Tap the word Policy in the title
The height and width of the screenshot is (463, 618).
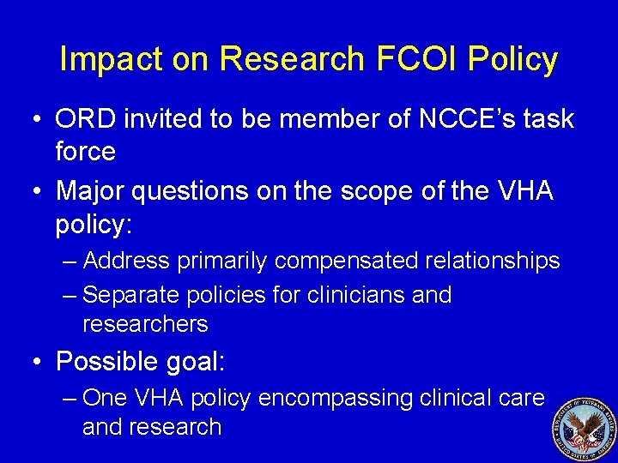[x=517, y=59]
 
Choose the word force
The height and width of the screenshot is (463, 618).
[x=85, y=152]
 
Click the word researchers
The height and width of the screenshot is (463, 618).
[x=145, y=323]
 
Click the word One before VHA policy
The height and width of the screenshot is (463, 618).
[x=105, y=398]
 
